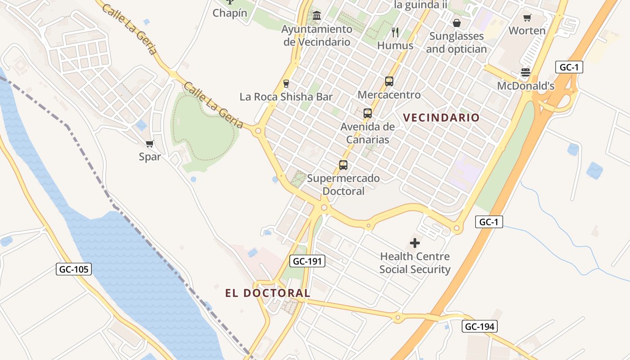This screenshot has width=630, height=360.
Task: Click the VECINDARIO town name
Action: click(x=441, y=117)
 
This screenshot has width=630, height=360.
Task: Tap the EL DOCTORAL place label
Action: click(x=268, y=293)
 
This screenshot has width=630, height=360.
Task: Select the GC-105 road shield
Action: click(x=74, y=269)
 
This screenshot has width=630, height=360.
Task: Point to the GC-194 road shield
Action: click(x=480, y=326)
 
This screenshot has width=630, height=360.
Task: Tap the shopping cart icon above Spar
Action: click(x=150, y=144)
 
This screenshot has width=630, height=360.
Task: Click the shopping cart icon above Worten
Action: click(x=527, y=18)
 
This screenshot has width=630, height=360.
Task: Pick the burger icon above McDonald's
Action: click(x=526, y=72)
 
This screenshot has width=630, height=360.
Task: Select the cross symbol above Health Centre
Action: click(x=415, y=243)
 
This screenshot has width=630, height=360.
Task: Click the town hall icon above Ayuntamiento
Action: click(x=317, y=16)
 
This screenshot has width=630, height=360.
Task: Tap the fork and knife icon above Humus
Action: click(x=395, y=32)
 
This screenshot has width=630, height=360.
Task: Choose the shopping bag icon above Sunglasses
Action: click(x=457, y=22)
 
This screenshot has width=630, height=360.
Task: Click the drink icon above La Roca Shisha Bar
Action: click(x=286, y=83)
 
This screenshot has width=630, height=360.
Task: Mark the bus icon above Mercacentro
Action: click(x=389, y=81)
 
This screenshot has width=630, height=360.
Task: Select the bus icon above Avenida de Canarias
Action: click(x=368, y=113)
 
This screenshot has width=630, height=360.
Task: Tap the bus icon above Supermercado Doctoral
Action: click(x=343, y=165)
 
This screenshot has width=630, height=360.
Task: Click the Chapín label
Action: click(x=230, y=13)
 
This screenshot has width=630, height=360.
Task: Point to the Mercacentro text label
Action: click(x=389, y=95)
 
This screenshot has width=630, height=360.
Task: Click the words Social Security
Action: click(x=415, y=270)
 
